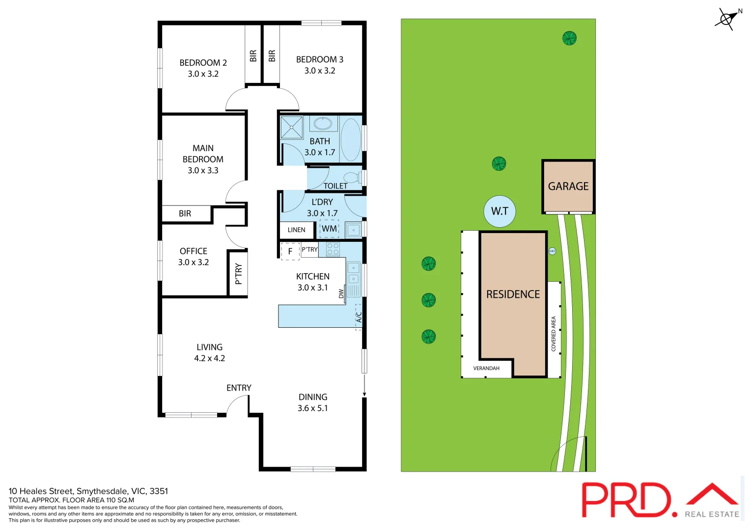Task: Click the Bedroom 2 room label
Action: coord(203,63)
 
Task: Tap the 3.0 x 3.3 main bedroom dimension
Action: coord(203,171)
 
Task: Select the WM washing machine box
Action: coord(329,229)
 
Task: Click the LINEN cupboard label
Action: coord(296,230)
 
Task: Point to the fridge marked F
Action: coord(290,251)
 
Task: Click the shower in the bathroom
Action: coord(292,128)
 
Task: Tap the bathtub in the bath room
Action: coord(351,139)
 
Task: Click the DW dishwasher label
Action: coord(341,293)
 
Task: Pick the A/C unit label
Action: coord(359,317)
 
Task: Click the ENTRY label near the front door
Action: coord(239,388)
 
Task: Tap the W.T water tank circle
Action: coord(500,211)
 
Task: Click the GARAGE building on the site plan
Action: coord(568,186)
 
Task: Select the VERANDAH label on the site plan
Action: coord(486,369)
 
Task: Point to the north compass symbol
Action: coord(727,19)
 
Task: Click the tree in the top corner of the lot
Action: coord(569,38)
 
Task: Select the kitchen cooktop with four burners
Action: coord(333,249)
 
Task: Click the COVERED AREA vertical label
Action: coord(554,334)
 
